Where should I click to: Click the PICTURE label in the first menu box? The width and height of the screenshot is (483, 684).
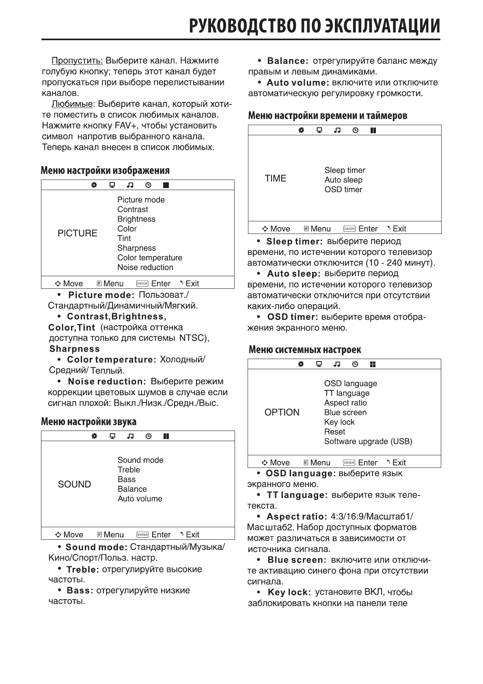(x=77, y=233)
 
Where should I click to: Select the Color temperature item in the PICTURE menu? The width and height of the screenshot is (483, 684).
(x=149, y=258)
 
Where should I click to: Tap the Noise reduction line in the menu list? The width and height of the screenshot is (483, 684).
(x=145, y=267)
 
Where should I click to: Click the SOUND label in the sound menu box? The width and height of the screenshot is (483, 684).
(x=74, y=484)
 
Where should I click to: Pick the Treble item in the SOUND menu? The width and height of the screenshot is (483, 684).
(x=129, y=470)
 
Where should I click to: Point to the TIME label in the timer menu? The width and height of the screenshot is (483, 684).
(x=275, y=178)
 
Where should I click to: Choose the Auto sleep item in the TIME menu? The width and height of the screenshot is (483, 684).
(x=343, y=180)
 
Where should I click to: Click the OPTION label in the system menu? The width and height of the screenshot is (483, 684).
(x=282, y=412)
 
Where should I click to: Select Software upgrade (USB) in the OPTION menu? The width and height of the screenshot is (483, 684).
(x=368, y=442)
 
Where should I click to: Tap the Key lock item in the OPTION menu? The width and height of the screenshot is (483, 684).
(x=339, y=422)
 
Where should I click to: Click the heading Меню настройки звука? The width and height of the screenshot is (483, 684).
(x=88, y=422)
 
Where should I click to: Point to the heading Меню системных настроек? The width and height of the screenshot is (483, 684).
(x=304, y=350)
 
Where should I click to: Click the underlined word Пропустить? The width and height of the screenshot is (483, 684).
(x=77, y=61)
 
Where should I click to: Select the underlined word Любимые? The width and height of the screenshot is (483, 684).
(x=72, y=104)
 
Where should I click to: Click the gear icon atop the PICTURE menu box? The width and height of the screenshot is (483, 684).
(x=94, y=185)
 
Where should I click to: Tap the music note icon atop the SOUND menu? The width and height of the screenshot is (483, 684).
(x=130, y=436)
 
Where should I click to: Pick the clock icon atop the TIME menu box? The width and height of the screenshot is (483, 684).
(x=355, y=130)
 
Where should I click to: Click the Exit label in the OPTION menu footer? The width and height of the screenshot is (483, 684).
(x=399, y=463)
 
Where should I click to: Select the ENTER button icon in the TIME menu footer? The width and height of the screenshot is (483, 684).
(x=349, y=229)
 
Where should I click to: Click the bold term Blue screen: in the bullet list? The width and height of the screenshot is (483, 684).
(x=297, y=560)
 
